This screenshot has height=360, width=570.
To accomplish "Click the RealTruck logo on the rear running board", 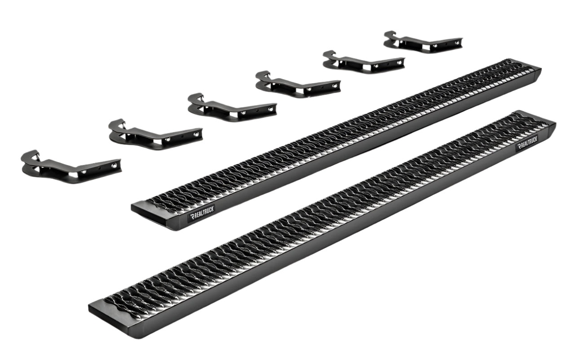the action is coord(202,213).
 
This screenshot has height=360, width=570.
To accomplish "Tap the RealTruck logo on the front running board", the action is coord(527,143).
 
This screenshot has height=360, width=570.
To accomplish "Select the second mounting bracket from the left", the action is coord(155,134).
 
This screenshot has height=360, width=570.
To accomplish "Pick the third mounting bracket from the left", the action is coord(232,108).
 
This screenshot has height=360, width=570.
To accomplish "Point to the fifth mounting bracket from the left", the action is coord(364,62).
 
